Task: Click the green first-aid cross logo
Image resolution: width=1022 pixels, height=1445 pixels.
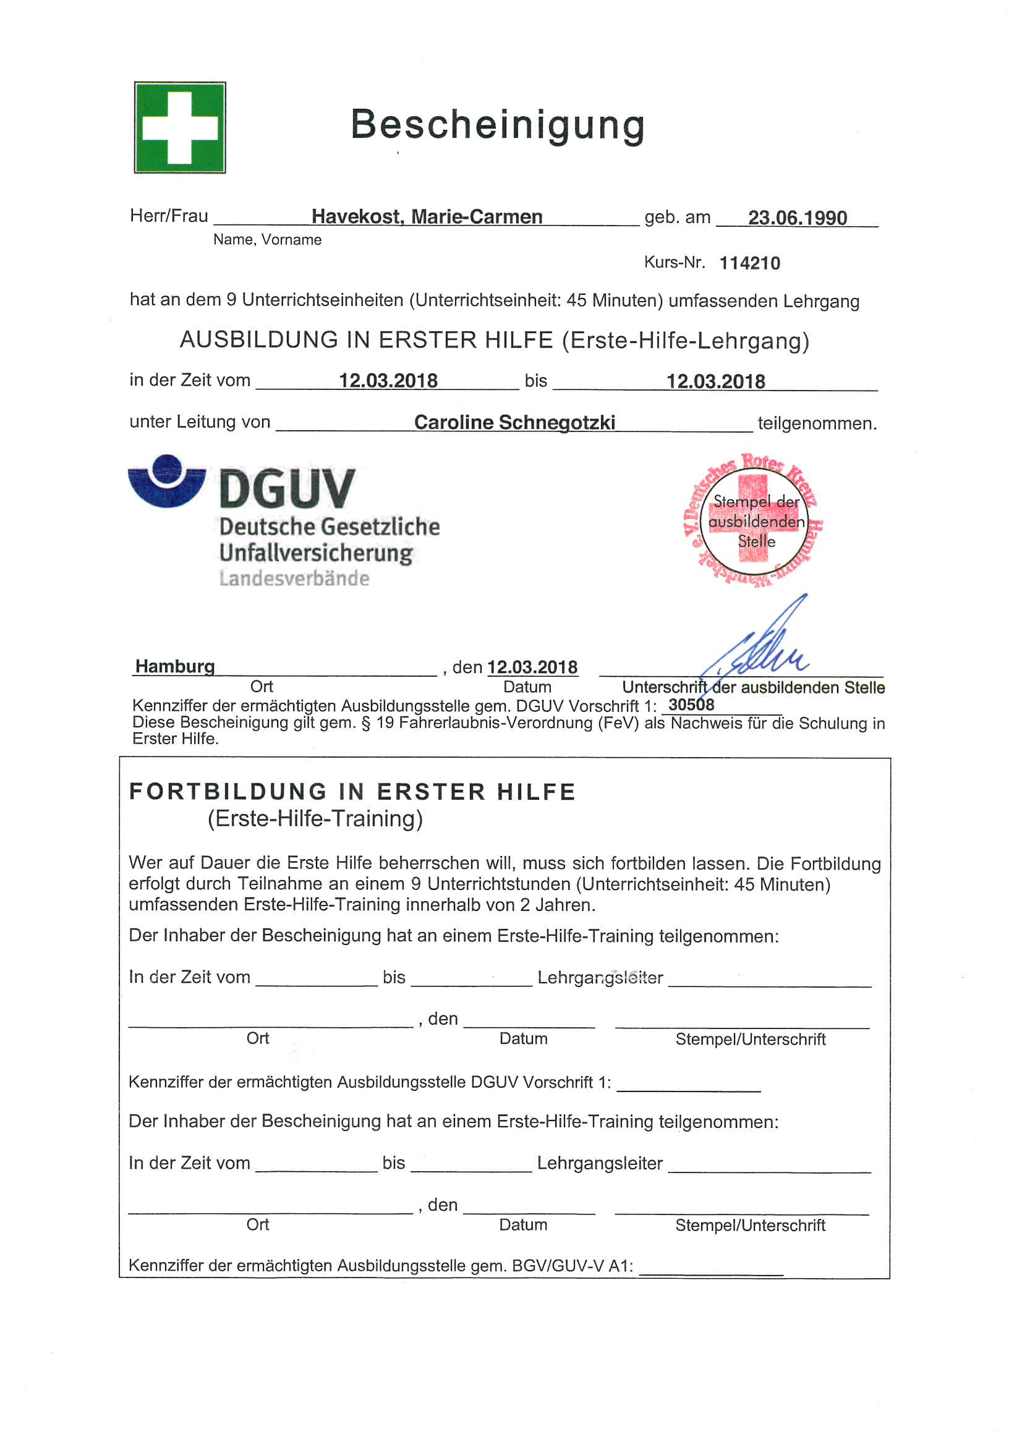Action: [179, 127]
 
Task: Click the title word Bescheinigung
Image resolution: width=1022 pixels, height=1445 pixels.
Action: [498, 125]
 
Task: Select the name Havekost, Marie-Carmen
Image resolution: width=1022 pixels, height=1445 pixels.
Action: [427, 216]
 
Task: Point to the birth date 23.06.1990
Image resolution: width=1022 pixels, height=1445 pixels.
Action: [796, 218]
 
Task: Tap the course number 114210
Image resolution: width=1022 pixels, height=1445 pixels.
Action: [749, 263]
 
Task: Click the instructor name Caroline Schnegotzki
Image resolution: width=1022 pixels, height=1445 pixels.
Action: [514, 422]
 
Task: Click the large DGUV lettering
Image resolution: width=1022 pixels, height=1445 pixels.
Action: [287, 489]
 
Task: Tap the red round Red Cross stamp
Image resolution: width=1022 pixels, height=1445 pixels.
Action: [753, 520]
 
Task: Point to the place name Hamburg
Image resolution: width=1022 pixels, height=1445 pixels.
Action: [175, 666]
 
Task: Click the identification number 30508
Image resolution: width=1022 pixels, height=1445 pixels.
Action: [691, 705]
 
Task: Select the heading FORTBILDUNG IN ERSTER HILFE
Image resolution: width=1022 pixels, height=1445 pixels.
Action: [352, 792]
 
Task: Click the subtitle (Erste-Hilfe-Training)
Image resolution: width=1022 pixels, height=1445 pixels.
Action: [315, 819]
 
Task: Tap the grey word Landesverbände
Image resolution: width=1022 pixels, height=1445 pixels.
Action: [294, 578]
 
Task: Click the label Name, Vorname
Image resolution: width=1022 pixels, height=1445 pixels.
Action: [267, 240]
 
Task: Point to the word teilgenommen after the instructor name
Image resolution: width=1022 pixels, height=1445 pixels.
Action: [817, 423]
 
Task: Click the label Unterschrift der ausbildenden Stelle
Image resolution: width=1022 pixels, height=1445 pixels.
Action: [753, 687]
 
